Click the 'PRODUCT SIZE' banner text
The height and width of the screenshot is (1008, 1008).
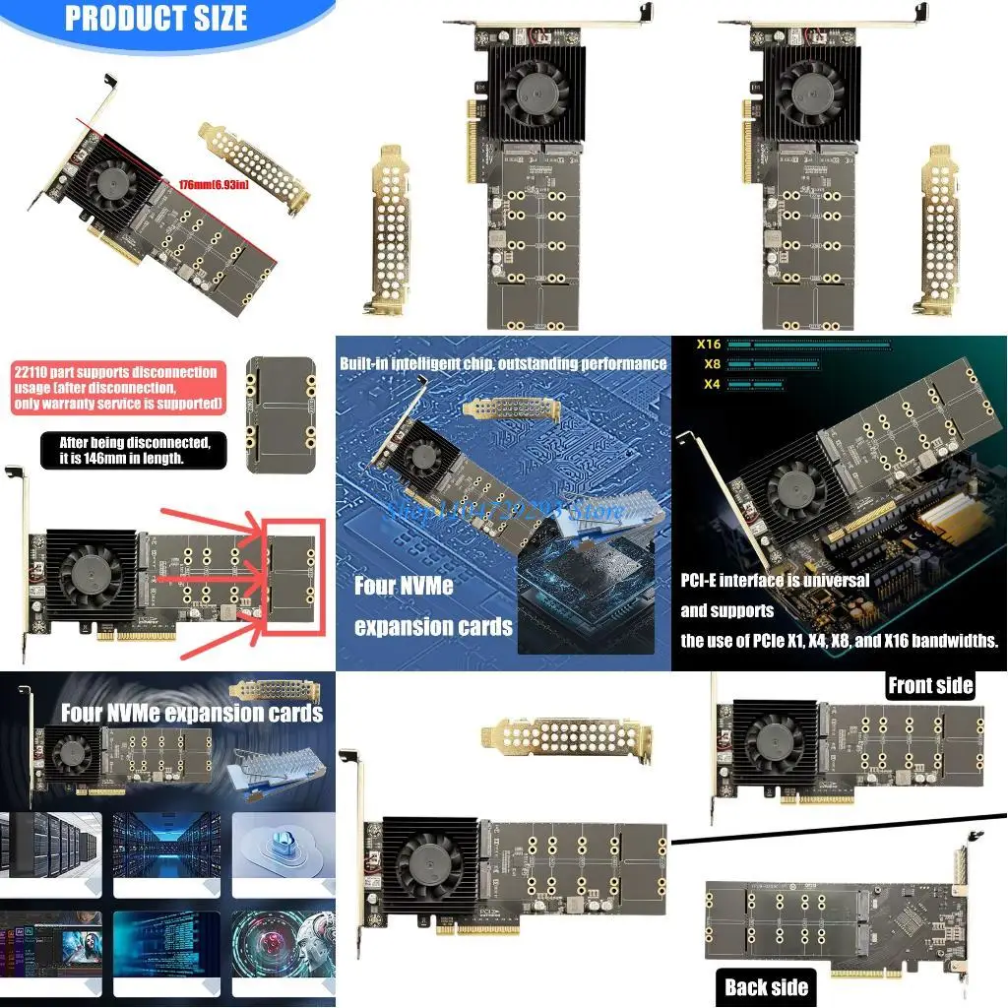(x=156, y=19)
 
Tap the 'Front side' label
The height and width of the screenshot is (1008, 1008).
(x=930, y=685)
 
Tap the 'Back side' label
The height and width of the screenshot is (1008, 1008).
(x=766, y=987)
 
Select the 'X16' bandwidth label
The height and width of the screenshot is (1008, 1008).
(x=709, y=345)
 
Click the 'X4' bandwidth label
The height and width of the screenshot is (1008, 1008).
(x=710, y=384)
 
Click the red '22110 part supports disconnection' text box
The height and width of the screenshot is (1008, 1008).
(x=115, y=388)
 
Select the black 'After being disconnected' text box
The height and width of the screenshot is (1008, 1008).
(x=135, y=450)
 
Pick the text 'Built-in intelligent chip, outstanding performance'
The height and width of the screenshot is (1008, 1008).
(x=503, y=363)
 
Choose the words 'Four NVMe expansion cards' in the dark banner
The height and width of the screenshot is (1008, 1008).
(x=192, y=713)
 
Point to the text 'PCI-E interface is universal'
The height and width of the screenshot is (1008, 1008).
(x=775, y=580)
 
